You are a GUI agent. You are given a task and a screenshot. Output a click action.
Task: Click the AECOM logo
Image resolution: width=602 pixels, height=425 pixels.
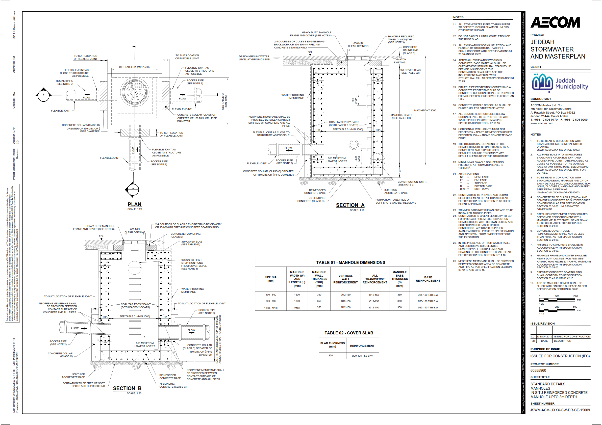point(555,22)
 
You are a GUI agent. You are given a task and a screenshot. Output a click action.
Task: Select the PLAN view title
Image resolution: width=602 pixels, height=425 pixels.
point(135,204)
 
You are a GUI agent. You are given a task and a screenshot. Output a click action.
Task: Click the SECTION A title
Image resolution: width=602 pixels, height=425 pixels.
point(350,205)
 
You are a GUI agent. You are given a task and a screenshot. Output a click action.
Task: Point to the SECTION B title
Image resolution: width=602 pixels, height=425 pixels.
point(127,388)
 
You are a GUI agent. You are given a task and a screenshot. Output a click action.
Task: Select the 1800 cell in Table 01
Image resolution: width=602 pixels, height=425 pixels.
point(297,301)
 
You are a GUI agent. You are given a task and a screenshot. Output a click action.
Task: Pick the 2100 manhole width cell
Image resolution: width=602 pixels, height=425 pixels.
point(297,308)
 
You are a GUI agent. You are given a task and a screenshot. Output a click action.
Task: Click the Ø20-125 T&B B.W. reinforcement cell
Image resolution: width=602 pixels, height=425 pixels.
point(362,356)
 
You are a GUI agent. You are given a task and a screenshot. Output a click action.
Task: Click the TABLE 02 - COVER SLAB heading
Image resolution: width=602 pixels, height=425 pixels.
point(348,333)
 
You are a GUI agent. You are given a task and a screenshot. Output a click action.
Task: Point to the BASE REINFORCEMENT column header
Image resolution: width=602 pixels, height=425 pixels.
point(428,279)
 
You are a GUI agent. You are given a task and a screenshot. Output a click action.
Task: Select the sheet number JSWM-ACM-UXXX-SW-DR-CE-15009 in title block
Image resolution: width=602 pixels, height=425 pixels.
point(560,410)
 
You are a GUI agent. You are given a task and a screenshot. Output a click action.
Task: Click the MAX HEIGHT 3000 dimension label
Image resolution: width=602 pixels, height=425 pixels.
point(425,110)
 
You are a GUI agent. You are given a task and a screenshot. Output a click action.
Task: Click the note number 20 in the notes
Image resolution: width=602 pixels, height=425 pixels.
point(454,162)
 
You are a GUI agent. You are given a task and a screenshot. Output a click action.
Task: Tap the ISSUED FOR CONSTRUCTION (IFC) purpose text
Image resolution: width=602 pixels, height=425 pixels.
point(560,356)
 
